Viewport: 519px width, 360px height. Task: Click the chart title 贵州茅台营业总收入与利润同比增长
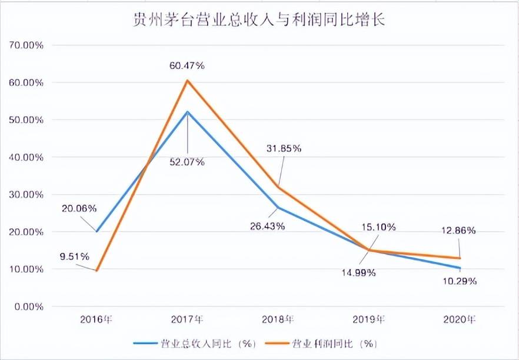coord(259,20)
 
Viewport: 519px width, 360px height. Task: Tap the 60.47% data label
coord(187,66)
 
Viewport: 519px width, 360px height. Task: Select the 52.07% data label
coord(187,162)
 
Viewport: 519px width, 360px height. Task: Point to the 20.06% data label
coord(79,209)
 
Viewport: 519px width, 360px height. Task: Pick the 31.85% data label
coord(284,148)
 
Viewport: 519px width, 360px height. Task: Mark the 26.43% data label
coord(268,226)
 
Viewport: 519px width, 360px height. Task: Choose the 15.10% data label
coord(378,227)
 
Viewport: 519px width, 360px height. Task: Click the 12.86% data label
coord(459,231)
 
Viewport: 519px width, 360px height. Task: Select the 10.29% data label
coord(460,281)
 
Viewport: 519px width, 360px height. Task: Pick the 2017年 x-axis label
coord(187,320)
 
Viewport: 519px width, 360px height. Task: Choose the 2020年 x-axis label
coord(459,320)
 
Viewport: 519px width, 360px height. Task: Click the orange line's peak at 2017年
coord(187,80)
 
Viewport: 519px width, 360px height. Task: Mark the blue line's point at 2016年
coord(97,231)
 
